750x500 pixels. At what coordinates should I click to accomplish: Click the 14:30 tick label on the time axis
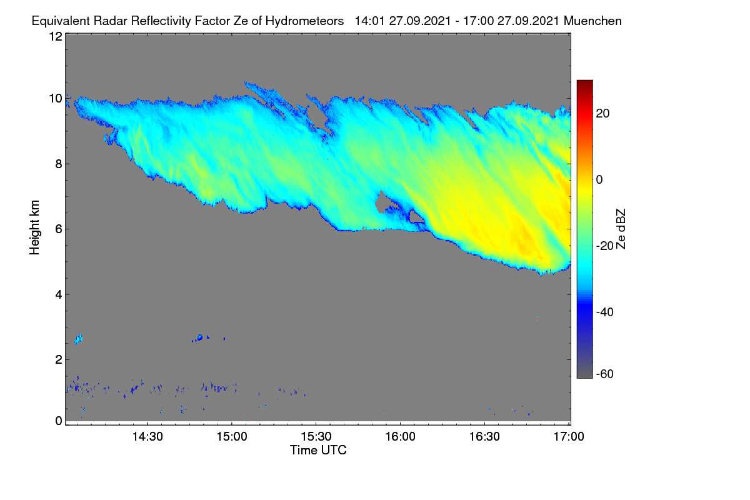point(147,436)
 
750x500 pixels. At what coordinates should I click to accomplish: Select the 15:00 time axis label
point(232,436)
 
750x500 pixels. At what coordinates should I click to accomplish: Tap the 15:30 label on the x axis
point(316,436)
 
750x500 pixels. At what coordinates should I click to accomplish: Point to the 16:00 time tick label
point(400,436)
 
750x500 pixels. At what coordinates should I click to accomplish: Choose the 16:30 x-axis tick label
point(484,436)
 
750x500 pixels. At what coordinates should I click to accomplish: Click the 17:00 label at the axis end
point(569,436)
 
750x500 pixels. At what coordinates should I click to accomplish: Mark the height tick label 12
point(56,36)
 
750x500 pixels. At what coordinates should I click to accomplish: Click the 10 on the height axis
point(56,99)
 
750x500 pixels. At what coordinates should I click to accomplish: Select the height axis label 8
point(59,164)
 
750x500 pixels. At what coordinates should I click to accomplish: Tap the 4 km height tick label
point(59,295)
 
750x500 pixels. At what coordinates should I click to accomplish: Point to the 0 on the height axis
point(59,421)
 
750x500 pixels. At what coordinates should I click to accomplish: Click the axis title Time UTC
point(318,450)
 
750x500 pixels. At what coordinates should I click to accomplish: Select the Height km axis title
point(34,227)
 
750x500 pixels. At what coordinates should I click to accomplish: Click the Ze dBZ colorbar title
point(621,229)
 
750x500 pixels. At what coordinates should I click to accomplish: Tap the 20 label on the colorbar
point(602,114)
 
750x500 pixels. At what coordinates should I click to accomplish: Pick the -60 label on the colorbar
point(605,374)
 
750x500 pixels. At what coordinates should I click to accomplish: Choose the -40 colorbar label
point(605,312)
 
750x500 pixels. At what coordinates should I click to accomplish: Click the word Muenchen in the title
point(592,21)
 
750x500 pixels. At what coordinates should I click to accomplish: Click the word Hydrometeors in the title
point(305,21)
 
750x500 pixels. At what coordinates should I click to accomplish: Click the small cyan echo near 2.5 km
point(78,339)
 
